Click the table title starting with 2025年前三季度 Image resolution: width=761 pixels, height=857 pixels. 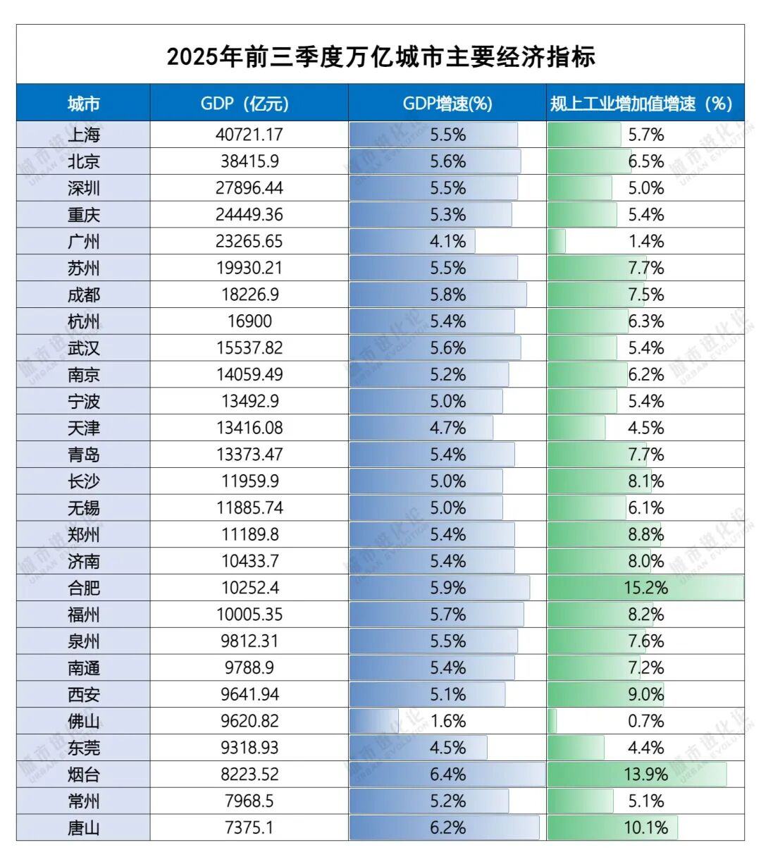(380, 56)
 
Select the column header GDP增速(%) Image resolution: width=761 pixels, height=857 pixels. (447, 104)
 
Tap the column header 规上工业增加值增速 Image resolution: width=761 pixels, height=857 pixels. (641, 104)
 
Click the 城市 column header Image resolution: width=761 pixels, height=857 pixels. (83, 104)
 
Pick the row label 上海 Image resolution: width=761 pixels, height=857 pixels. (83, 135)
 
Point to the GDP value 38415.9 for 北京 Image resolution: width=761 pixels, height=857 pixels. (249, 161)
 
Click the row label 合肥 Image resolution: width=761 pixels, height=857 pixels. (83, 588)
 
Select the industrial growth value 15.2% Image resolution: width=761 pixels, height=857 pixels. (645, 588)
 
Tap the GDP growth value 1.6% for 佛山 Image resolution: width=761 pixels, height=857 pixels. (447, 721)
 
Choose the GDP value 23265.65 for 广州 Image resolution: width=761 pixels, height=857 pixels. (249, 241)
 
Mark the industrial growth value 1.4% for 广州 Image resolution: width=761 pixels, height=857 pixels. (645, 241)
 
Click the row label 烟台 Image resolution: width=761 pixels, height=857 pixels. (83, 775)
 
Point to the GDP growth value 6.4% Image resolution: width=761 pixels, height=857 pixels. (447, 775)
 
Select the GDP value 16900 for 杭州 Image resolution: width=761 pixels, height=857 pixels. (249, 321)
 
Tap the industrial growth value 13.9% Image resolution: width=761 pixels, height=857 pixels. (645, 775)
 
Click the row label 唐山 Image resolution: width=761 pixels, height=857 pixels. (83, 827)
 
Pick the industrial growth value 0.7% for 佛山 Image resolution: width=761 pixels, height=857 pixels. (645, 721)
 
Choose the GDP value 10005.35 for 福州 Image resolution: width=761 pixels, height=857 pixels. (249, 615)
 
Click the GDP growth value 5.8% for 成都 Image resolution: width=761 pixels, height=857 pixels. (447, 295)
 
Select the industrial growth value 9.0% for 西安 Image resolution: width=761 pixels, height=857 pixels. (645, 694)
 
